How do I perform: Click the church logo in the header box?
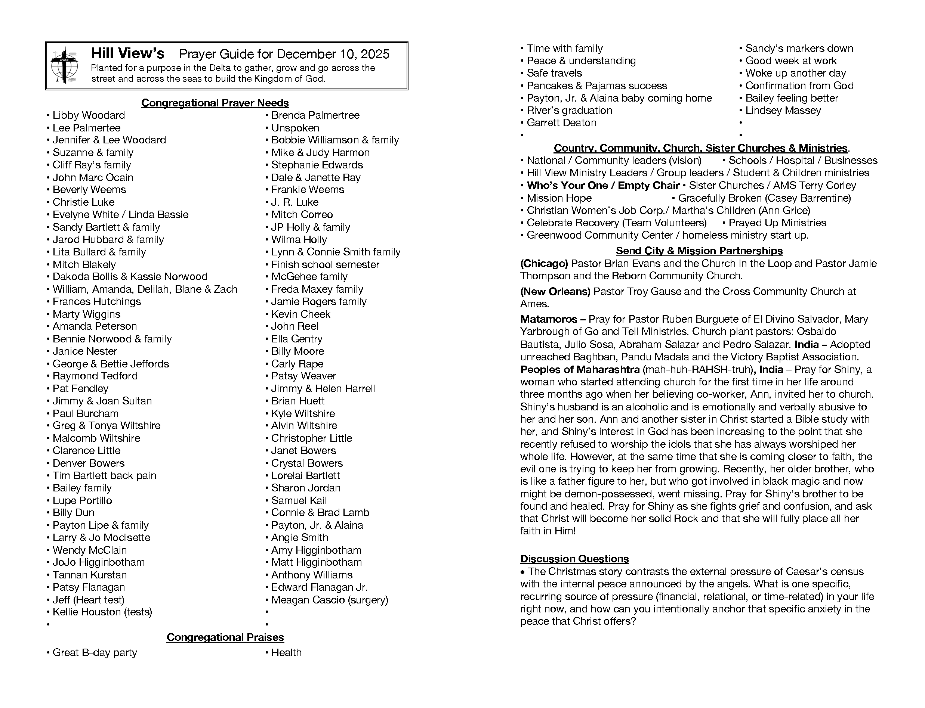(64, 66)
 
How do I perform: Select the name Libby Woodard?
(89, 115)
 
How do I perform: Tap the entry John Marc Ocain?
(93, 177)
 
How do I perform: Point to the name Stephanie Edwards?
(317, 165)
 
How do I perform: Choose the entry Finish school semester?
(325, 265)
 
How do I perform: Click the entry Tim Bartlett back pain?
(104, 476)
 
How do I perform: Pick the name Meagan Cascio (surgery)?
(329, 600)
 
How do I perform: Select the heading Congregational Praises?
(225, 637)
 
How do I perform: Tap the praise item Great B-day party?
(95, 653)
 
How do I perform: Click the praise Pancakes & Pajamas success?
(597, 86)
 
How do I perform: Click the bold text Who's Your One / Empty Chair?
(603, 186)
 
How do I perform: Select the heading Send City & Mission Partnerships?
(699, 251)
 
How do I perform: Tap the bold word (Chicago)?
(544, 264)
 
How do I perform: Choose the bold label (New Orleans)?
(555, 292)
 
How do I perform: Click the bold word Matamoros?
(548, 319)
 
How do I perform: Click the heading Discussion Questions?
(574, 559)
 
